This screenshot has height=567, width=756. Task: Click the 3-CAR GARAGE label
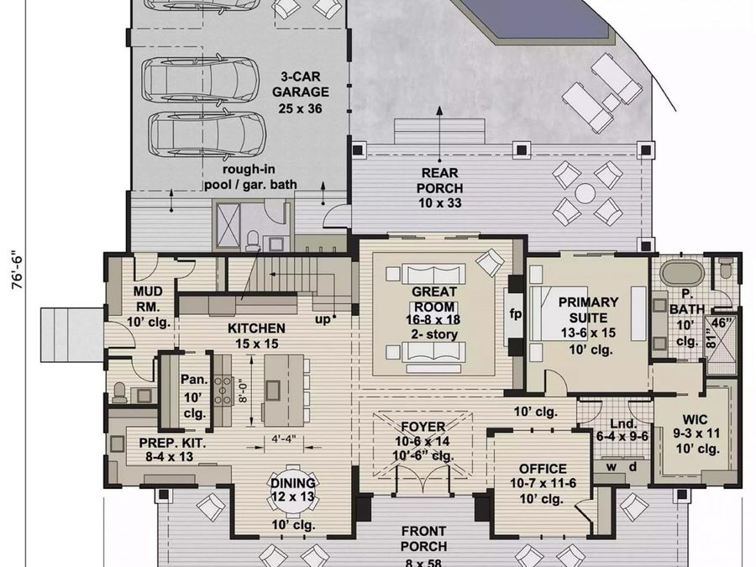tap(301, 84)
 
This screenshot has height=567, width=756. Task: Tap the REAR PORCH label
tap(439, 181)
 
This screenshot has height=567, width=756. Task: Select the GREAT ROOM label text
tap(434, 299)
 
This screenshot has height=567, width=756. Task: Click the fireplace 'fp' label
tap(516, 314)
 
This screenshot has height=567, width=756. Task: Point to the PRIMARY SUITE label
tap(588, 310)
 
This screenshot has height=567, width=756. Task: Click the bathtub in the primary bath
tap(681, 273)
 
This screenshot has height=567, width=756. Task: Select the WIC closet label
tap(696, 418)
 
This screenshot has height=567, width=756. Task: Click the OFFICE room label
tap(543, 469)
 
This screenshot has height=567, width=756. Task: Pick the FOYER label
tap(423, 427)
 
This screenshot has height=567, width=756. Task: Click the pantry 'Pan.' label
tap(194, 380)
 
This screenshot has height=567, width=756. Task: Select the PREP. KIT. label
tap(172, 443)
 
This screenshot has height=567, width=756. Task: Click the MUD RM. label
tap(148, 299)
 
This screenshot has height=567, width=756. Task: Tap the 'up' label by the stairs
tap(323, 320)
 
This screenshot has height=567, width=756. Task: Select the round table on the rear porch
tap(585, 194)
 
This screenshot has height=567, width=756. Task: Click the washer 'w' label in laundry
tap(612, 467)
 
